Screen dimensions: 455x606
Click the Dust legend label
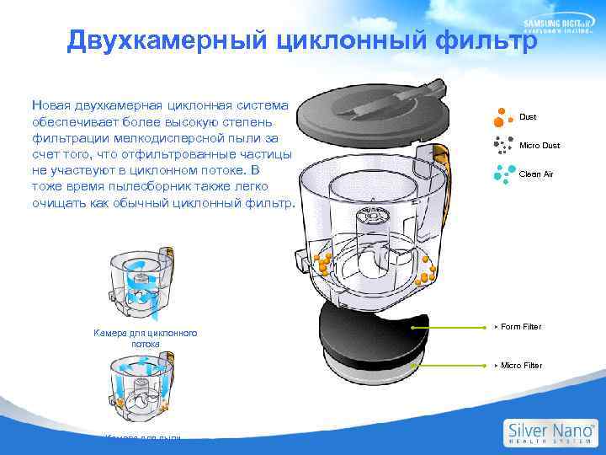pos(528,117)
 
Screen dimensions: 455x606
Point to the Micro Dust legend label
pos(539,146)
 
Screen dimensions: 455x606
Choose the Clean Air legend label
pos(536,174)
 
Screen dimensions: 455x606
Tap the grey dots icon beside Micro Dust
pos(502,144)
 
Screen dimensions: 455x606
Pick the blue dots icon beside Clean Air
pos(502,173)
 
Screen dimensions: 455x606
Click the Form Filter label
pos(521,326)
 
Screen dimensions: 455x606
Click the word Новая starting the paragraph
pos(51,105)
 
